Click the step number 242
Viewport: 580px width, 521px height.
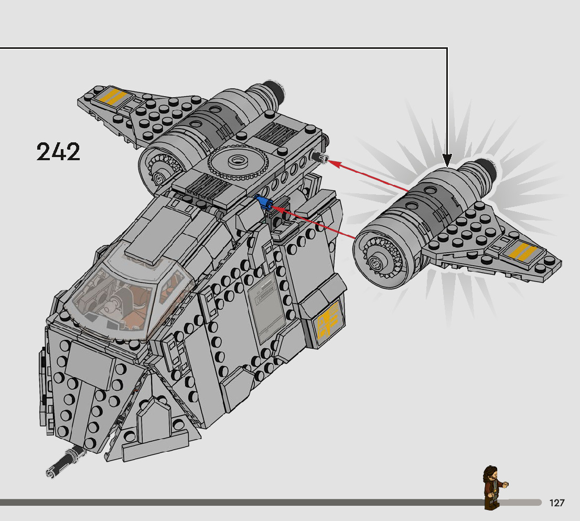tap(58, 152)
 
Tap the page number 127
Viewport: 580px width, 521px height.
tap(557, 503)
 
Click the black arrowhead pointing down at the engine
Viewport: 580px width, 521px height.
tap(447, 160)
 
